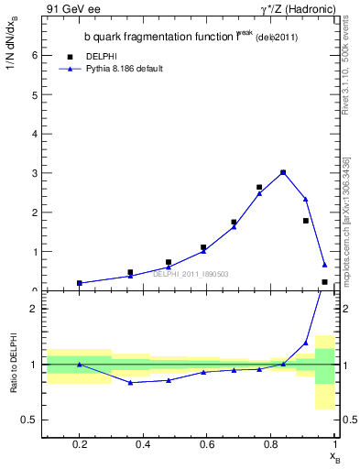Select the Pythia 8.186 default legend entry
[123, 68]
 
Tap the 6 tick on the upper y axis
[34, 55]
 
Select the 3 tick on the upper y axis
[34, 173]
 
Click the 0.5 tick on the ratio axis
[30, 420]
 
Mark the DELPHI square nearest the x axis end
[324, 282]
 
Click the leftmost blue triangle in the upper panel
[80, 283]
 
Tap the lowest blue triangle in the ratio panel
[131, 382]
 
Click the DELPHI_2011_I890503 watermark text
[190, 273]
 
